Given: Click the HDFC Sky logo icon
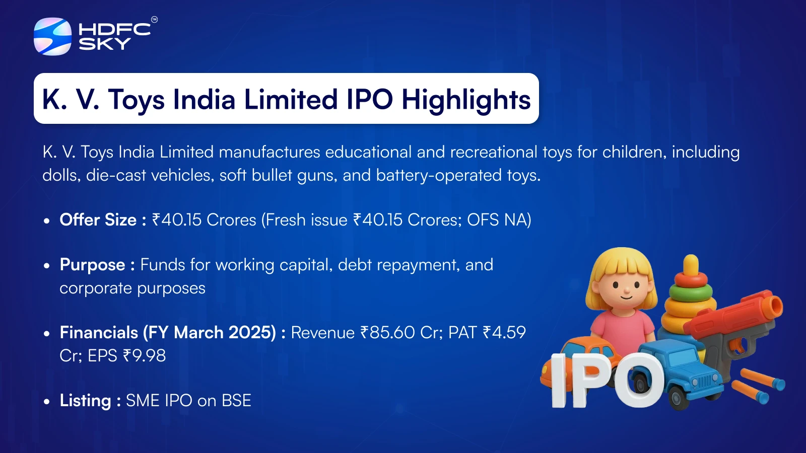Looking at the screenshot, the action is [x=52, y=36].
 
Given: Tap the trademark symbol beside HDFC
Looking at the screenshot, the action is [x=154, y=20].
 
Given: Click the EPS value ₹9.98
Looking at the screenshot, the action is [x=144, y=355].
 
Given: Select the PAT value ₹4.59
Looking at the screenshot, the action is [x=504, y=332].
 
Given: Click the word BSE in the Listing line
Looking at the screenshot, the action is [x=236, y=401].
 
